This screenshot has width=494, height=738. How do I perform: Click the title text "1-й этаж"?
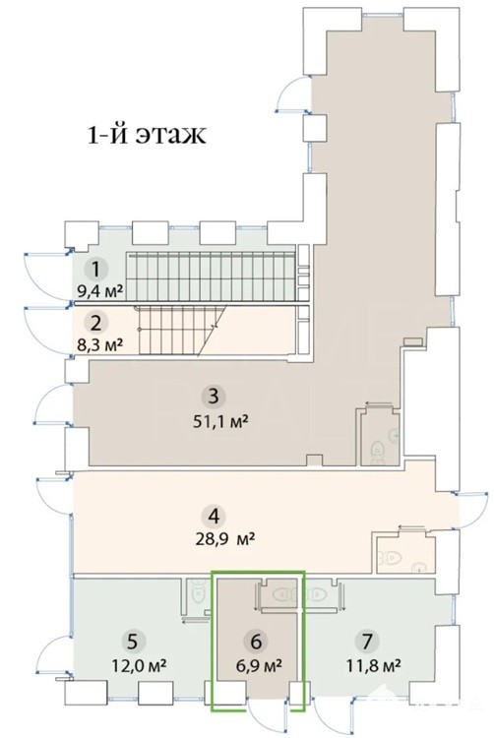click(147, 135)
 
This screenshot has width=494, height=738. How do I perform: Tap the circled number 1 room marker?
click(96, 271)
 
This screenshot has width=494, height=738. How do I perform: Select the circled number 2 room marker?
click(96, 324)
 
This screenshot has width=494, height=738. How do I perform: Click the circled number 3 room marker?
click(214, 397)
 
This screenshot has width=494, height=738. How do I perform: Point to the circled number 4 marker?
click(214, 517)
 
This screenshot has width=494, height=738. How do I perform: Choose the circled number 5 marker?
click(133, 641)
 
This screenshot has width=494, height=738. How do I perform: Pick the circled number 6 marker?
click(256, 641)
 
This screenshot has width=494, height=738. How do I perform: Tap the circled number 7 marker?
click(367, 641)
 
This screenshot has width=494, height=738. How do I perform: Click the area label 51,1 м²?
click(220, 421)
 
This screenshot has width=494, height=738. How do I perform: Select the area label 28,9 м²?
click(225, 538)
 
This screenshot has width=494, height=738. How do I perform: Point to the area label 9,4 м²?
click(99, 291)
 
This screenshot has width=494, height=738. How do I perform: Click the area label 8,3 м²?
click(99, 344)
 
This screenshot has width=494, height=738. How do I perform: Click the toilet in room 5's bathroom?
click(198, 590)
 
